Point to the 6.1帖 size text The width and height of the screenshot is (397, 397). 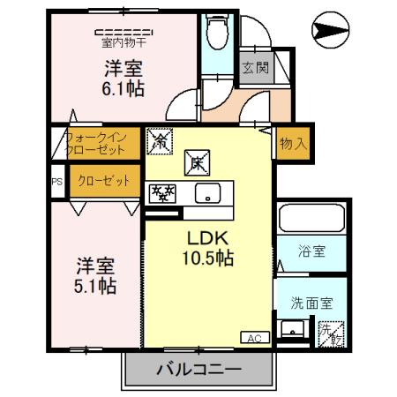[124, 87]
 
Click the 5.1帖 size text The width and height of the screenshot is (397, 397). [94, 286]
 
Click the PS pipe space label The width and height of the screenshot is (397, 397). [57, 182]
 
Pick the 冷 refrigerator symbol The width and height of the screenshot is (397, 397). [161, 140]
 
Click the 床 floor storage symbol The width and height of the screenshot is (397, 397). [196, 161]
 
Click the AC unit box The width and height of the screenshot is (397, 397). [253, 337]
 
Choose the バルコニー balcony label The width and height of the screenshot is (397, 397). [199, 368]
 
